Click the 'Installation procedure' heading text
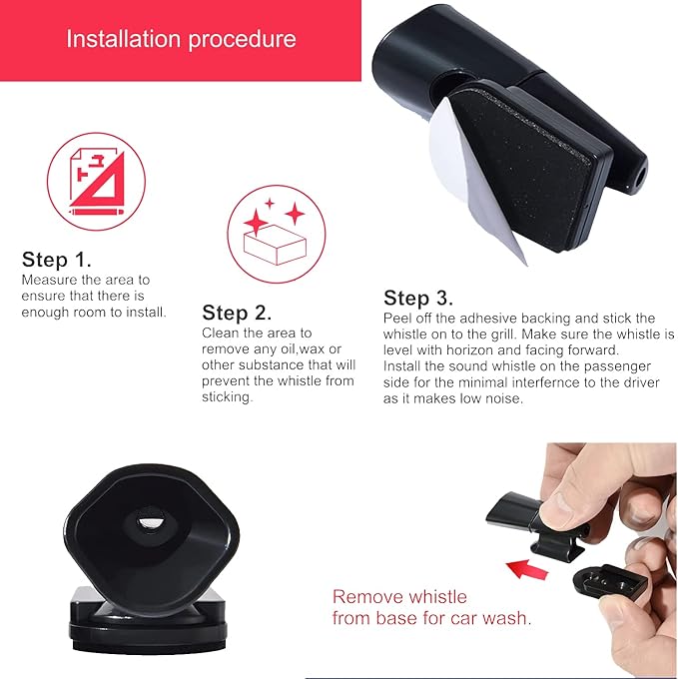(x=181, y=39)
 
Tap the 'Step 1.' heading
(x=56, y=260)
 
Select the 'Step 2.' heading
(x=237, y=313)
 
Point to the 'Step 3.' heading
(x=418, y=298)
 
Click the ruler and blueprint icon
(x=97, y=182)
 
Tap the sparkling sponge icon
(x=277, y=235)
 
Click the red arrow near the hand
(x=527, y=569)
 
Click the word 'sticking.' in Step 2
(x=227, y=397)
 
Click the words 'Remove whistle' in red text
(x=399, y=597)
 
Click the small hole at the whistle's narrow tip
(x=639, y=177)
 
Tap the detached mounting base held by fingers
(x=610, y=581)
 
